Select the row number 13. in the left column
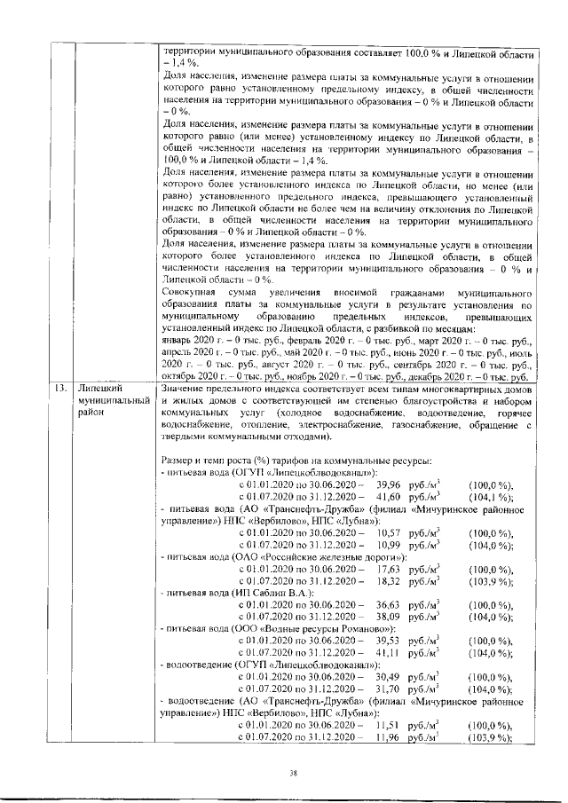pyautogui.click(x=60, y=388)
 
